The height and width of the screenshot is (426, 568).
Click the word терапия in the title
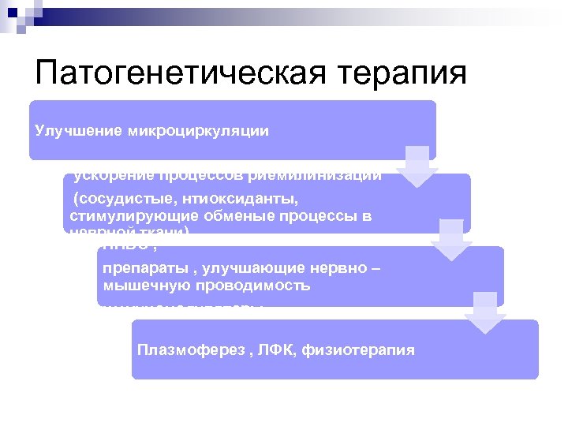(x=402, y=73)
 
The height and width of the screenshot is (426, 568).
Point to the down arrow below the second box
(x=451, y=239)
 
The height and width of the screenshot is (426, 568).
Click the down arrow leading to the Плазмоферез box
(x=484, y=312)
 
